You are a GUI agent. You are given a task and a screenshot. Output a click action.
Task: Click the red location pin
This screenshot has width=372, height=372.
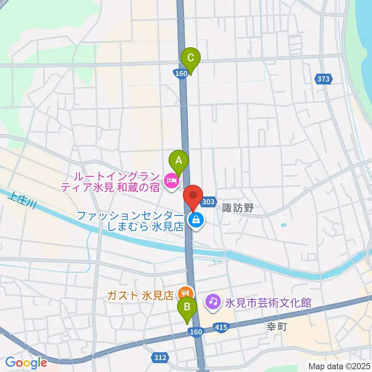click(193, 195)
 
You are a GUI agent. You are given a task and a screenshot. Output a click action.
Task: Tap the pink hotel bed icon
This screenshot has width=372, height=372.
click(171, 181)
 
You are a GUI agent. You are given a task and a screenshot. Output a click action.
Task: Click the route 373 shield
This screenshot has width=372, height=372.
click(323, 79)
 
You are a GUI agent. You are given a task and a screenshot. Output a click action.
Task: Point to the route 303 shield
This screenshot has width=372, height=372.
click(208, 201)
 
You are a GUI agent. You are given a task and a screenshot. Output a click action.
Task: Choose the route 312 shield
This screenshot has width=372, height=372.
click(161, 357)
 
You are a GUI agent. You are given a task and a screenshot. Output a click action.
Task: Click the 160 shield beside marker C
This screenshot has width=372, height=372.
click(181, 73)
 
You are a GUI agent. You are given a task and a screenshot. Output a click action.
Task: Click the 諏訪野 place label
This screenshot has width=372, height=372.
click(238, 208)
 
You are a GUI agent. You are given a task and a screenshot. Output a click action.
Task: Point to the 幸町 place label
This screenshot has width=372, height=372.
click(276, 327)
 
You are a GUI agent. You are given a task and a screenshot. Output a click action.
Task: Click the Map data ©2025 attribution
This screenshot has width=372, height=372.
click(339, 365)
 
